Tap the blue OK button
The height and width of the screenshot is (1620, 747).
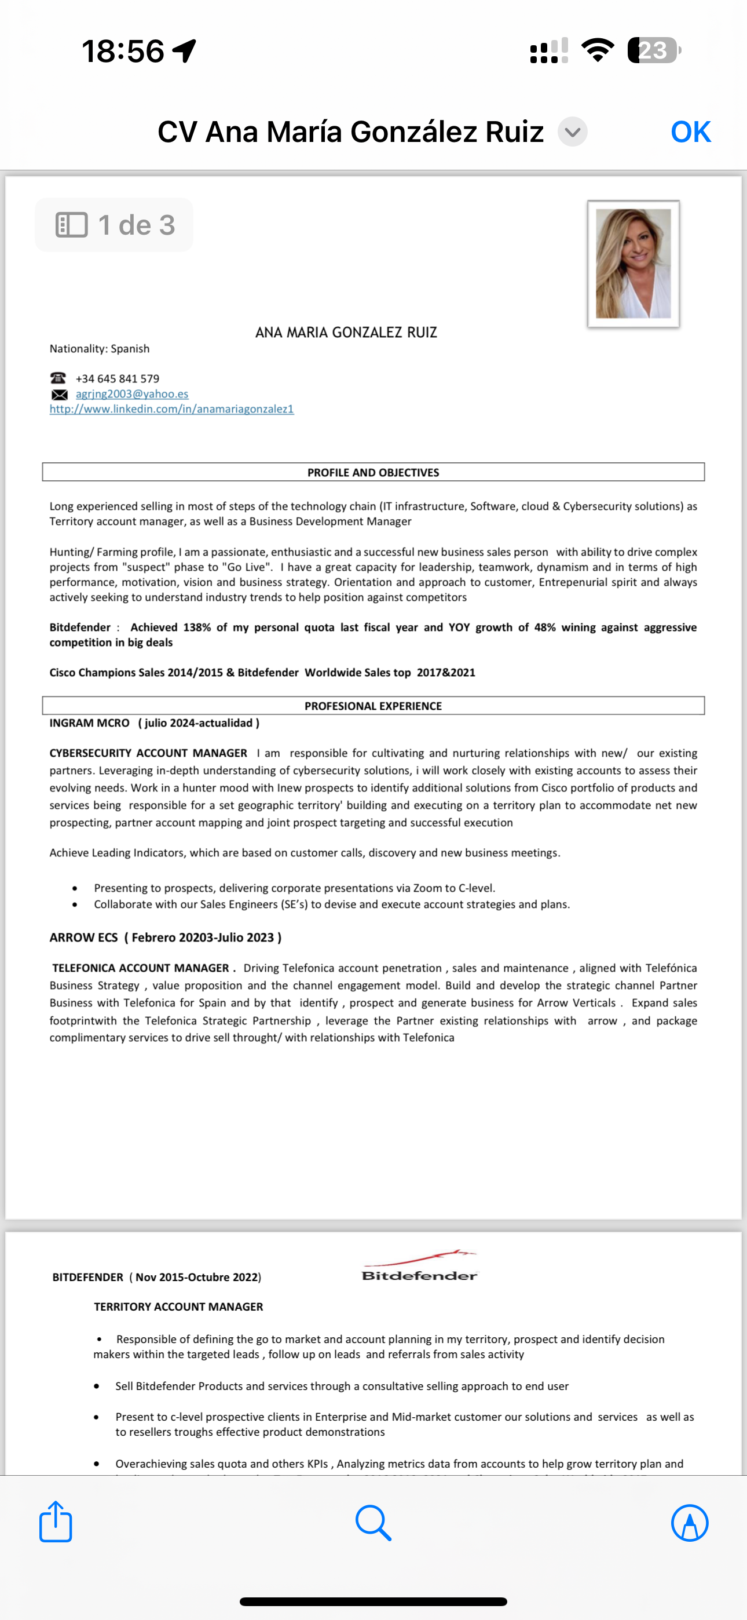click(690, 132)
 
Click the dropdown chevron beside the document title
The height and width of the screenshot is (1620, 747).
click(572, 132)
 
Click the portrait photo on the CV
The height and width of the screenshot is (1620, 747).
click(633, 264)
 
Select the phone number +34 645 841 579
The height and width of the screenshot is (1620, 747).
click(118, 378)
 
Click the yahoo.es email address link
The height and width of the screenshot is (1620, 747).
click(132, 393)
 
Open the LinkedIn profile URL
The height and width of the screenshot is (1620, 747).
click(171, 409)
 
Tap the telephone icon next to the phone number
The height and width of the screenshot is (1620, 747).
click(58, 378)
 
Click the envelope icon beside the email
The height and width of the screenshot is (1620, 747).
click(59, 395)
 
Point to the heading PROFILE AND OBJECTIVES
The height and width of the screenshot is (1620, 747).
click(373, 472)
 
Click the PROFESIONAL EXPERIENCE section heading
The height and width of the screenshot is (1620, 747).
click(373, 706)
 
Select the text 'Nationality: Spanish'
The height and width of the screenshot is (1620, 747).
click(100, 348)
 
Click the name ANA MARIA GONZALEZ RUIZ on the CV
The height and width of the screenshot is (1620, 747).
click(346, 332)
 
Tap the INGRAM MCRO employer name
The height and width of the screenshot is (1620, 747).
click(89, 723)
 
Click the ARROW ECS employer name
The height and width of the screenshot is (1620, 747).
click(83, 937)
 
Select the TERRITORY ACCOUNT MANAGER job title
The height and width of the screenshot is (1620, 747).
click(178, 1307)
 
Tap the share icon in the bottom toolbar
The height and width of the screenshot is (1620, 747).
click(56, 1522)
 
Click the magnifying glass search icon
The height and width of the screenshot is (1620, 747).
click(373, 1523)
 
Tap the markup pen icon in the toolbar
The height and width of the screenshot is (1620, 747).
click(690, 1523)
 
